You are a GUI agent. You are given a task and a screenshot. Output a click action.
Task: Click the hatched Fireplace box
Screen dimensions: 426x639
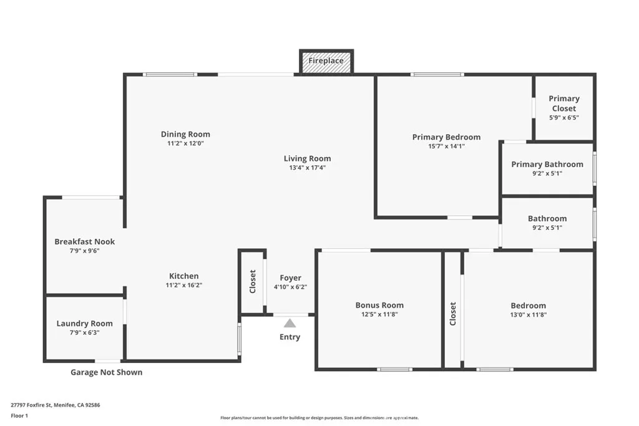click(326, 61)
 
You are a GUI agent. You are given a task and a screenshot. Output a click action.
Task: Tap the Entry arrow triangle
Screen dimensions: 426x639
click(290, 323)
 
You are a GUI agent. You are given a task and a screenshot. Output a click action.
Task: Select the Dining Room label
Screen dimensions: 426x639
click(185, 134)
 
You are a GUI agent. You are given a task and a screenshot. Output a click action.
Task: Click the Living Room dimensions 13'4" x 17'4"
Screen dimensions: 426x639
click(307, 168)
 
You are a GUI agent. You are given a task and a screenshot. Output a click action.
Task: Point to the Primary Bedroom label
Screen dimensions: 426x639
click(446, 137)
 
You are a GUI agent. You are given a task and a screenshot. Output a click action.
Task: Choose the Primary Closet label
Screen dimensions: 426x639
click(563, 104)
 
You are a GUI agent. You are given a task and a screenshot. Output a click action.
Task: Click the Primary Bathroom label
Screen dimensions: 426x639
click(547, 165)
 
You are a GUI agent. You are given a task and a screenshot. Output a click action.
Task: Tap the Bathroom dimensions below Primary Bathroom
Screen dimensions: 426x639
click(547, 228)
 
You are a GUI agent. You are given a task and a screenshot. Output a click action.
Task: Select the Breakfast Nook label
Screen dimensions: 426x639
click(85, 242)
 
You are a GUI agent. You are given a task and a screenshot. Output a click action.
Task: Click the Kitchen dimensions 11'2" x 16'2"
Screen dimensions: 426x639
click(184, 285)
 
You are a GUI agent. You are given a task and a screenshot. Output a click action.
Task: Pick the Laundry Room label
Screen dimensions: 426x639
click(85, 323)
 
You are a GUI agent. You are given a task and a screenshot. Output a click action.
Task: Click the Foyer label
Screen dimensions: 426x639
click(290, 278)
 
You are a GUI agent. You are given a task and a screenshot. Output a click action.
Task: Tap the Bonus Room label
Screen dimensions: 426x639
click(379, 305)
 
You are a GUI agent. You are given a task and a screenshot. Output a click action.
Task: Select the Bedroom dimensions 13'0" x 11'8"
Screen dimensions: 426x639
click(528, 315)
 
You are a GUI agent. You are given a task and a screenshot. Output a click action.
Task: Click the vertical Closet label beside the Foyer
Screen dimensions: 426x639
click(253, 281)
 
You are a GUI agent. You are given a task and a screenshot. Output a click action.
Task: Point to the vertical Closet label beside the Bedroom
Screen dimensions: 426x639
click(453, 314)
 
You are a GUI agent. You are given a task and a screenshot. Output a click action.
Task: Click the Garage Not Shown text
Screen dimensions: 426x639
click(106, 372)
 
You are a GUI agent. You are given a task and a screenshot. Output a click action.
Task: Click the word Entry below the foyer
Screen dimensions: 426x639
click(290, 337)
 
